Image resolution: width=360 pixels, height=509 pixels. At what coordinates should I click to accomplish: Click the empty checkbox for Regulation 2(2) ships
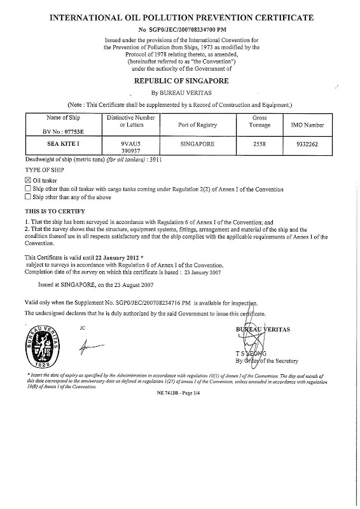pos(27,189)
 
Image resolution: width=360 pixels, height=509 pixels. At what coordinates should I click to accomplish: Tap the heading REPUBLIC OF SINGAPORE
pos(180,81)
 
